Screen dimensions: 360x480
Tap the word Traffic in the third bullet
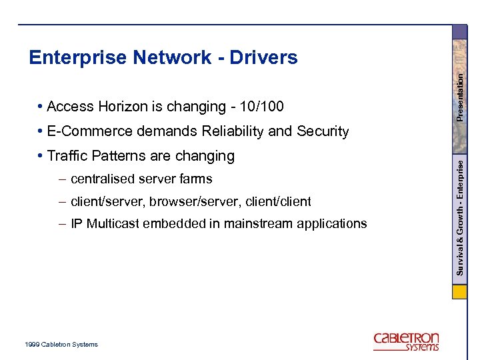[68, 156]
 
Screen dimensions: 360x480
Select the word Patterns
[118, 156]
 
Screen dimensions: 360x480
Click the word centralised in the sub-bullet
[103, 179]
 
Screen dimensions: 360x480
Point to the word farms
[196, 179]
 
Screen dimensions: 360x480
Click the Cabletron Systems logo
[406, 341]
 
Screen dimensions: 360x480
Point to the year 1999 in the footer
[31, 345]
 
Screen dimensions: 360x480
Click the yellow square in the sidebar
[459, 292]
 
